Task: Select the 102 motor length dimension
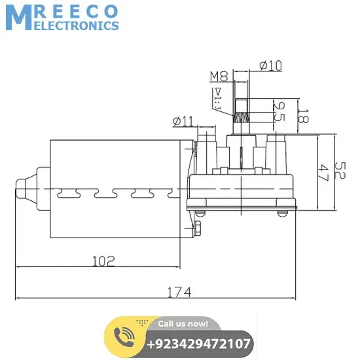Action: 103,261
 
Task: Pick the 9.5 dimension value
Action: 280,112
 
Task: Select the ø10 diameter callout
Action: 270,65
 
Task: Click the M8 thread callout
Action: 219,77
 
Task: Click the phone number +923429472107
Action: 199,344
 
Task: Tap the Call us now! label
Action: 183,323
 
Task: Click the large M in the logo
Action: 18,18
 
